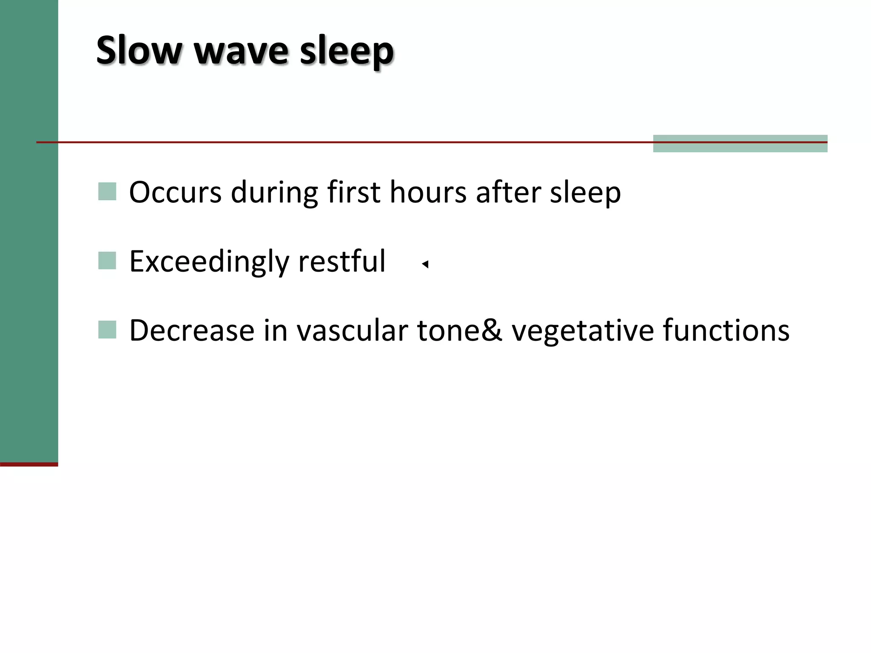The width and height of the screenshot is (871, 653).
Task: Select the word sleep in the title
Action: [x=346, y=52]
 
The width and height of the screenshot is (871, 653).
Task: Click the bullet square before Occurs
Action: [x=107, y=192]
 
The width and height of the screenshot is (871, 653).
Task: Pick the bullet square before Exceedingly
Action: [x=107, y=261]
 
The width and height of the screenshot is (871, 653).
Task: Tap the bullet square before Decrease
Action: [x=107, y=330]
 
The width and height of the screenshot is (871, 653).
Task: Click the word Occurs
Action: [x=175, y=193]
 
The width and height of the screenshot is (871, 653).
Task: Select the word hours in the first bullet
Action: [x=428, y=192]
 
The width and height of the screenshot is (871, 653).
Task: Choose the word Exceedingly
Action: [x=209, y=262]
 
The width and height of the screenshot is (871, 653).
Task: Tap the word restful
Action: [x=342, y=261]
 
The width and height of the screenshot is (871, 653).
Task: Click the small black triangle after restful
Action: [x=425, y=264]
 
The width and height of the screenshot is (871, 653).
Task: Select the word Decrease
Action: [x=192, y=330]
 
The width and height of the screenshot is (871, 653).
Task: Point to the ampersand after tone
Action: [x=492, y=330]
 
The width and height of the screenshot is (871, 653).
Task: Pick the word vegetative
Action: [x=583, y=331]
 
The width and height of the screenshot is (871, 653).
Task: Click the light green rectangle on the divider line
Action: [x=740, y=144]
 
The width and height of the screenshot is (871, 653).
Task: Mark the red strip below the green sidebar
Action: [x=29, y=464]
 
